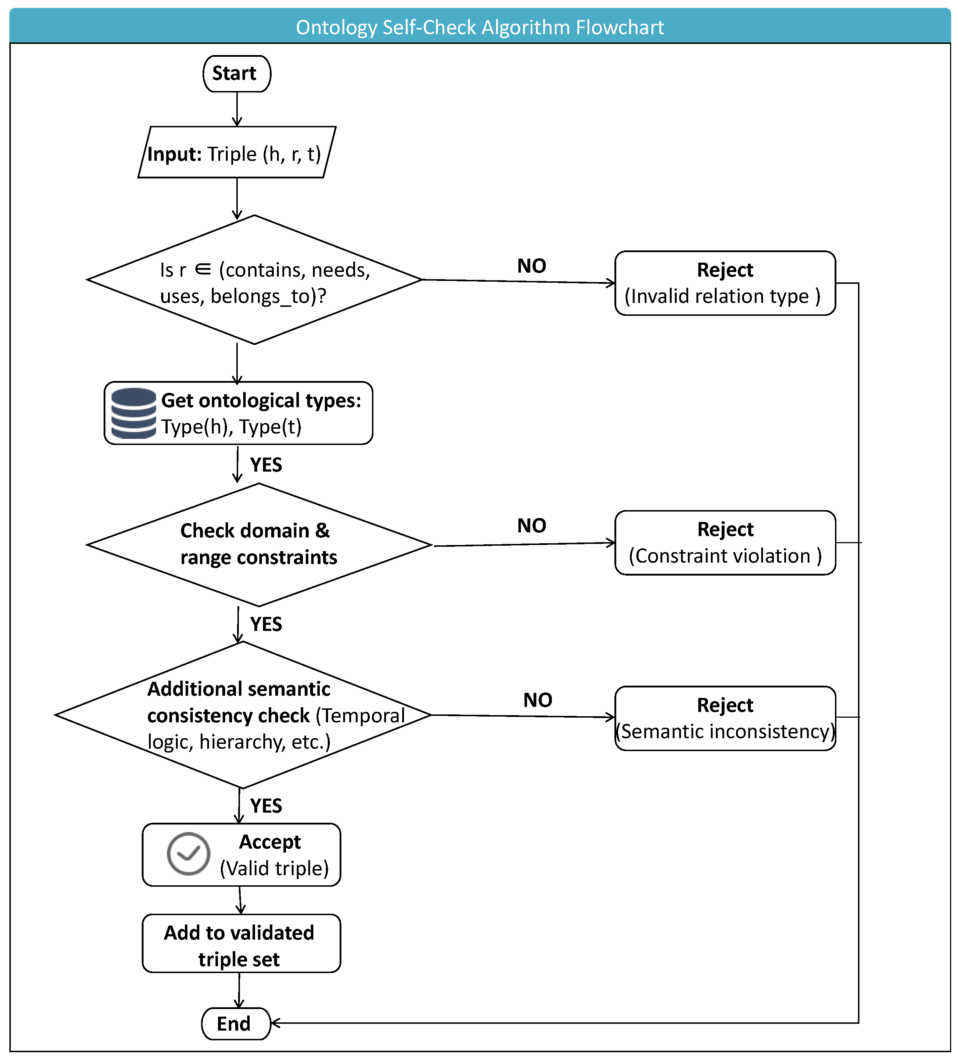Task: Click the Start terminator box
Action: [x=237, y=74]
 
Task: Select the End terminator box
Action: [x=236, y=1023]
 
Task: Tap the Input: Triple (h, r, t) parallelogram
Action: [x=237, y=152]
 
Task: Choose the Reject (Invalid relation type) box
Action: [x=725, y=283]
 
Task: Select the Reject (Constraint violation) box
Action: [x=725, y=542]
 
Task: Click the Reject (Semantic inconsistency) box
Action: [x=725, y=718]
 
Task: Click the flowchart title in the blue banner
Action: [x=480, y=27]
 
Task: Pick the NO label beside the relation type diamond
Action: [x=532, y=266]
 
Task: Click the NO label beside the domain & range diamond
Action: [x=532, y=525]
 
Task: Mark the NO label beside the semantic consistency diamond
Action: [x=537, y=700]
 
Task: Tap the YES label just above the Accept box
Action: [x=266, y=806]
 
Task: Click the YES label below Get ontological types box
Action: [x=266, y=465]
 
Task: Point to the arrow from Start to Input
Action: [x=237, y=109]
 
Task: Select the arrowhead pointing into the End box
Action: [x=275, y=1023]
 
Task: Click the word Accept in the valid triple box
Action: [x=270, y=842]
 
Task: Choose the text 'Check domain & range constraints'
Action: [x=258, y=544]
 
